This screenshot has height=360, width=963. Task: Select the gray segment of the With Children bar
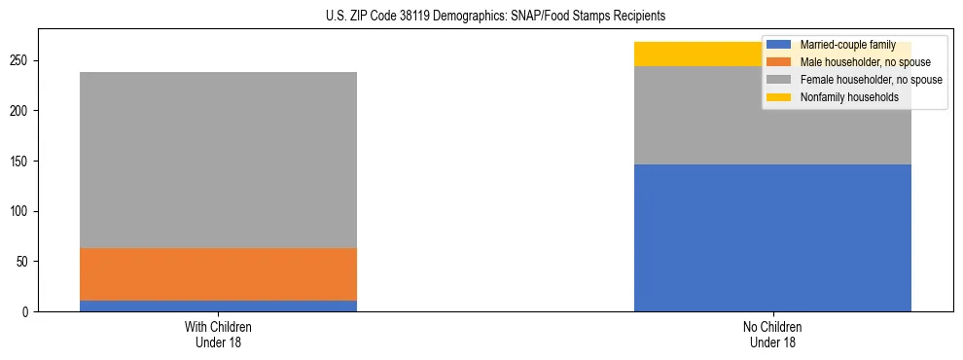218,160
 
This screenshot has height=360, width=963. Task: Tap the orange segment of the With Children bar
218,274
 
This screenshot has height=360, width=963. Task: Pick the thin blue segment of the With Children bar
218,306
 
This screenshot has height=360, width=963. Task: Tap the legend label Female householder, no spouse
871,80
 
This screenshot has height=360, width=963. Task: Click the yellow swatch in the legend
779,97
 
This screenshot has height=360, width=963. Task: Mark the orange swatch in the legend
779,62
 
